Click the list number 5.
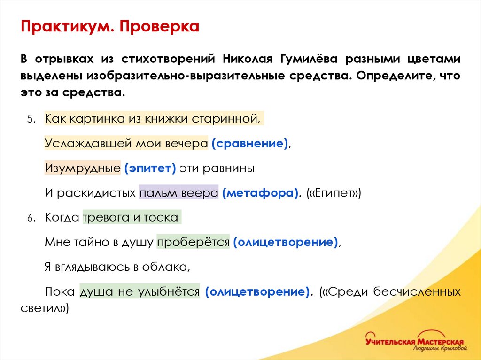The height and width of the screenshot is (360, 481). [x=31, y=119]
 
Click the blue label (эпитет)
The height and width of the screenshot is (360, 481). [x=150, y=169]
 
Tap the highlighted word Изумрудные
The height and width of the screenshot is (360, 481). [x=83, y=169]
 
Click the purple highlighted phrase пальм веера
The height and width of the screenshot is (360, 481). [x=178, y=193]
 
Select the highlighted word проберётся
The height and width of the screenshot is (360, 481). [x=193, y=243]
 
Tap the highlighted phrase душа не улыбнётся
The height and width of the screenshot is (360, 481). [x=140, y=292]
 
